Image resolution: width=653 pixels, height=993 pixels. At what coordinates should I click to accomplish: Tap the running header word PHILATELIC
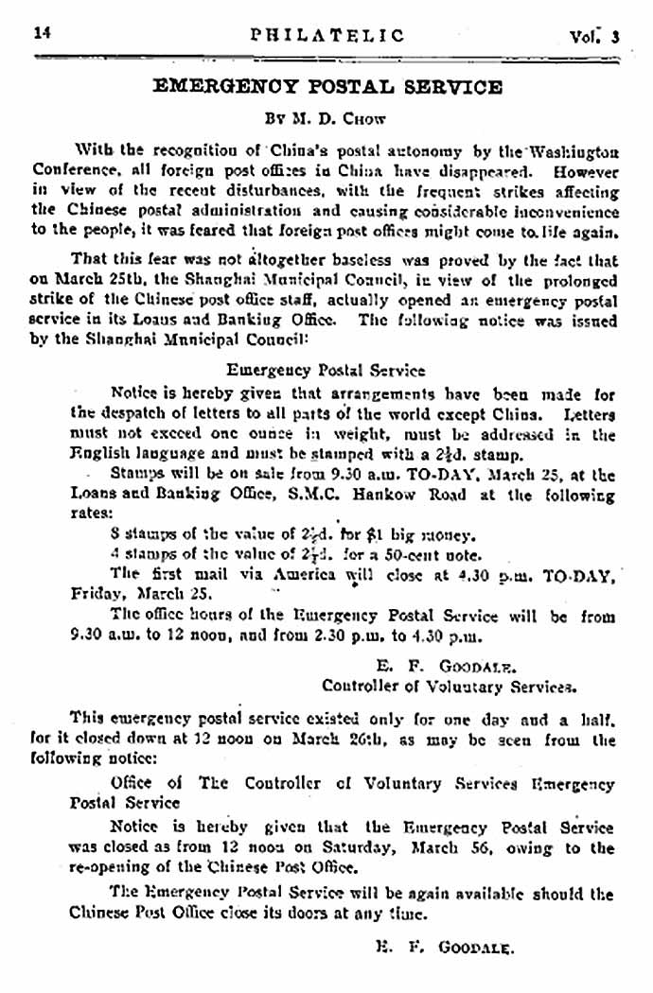click(x=327, y=36)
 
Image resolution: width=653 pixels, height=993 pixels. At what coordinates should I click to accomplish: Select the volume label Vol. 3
click(x=593, y=37)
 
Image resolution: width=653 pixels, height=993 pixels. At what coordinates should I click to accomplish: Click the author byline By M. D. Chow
click(x=326, y=120)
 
